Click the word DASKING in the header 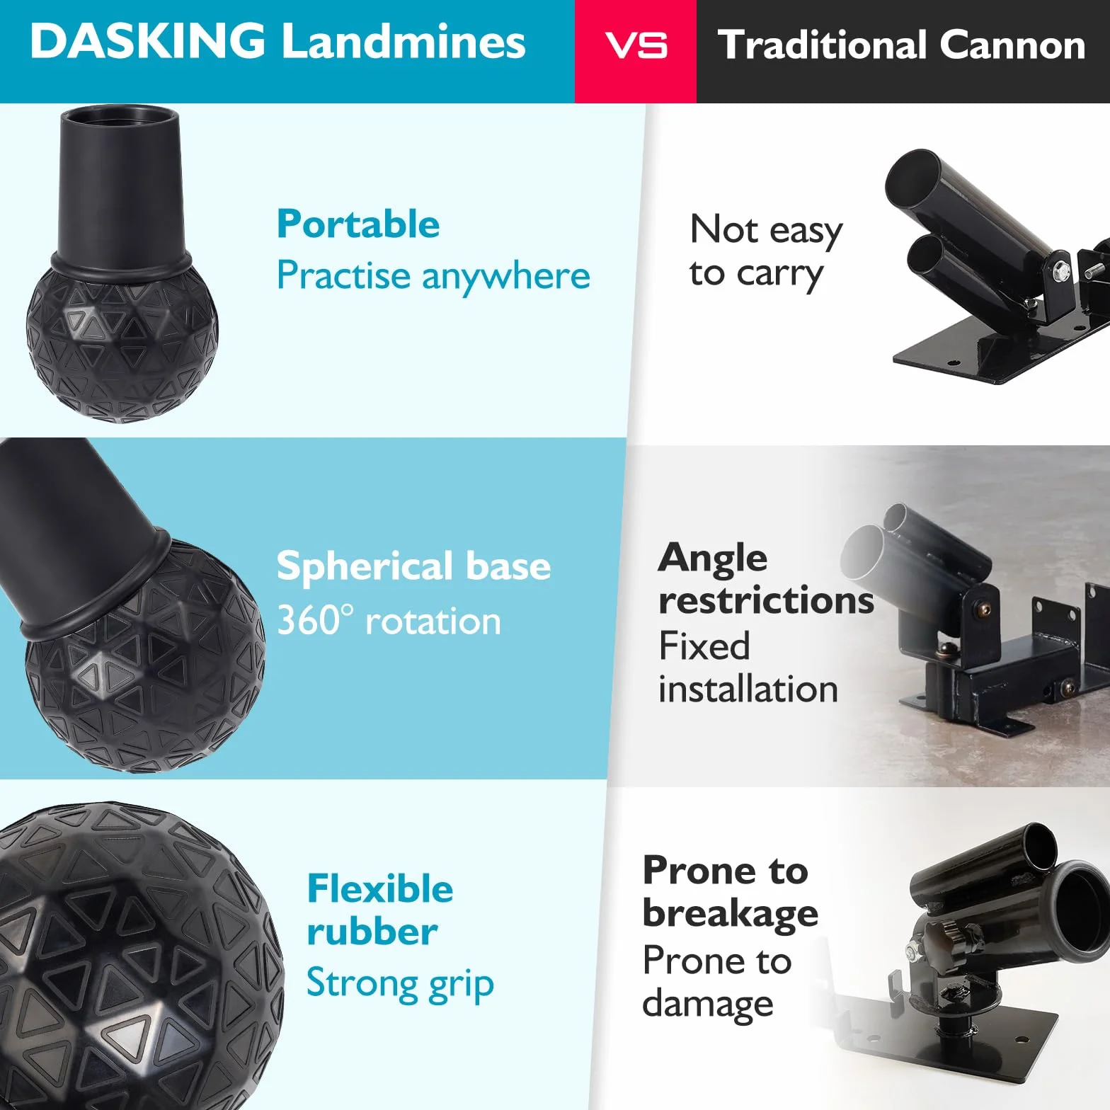tap(148, 40)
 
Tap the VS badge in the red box tap(636, 46)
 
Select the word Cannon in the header tap(1012, 45)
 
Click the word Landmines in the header tap(404, 41)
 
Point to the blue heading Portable tap(358, 224)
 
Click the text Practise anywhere tap(433, 275)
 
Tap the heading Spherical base tap(413, 566)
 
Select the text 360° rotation tap(389, 620)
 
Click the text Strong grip tap(400, 983)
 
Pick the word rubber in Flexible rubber tap(372, 932)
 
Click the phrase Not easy tap(766, 231)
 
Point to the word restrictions tap(766, 600)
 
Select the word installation tap(748, 689)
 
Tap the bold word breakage tap(731, 914)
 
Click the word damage tap(708, 1004)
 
